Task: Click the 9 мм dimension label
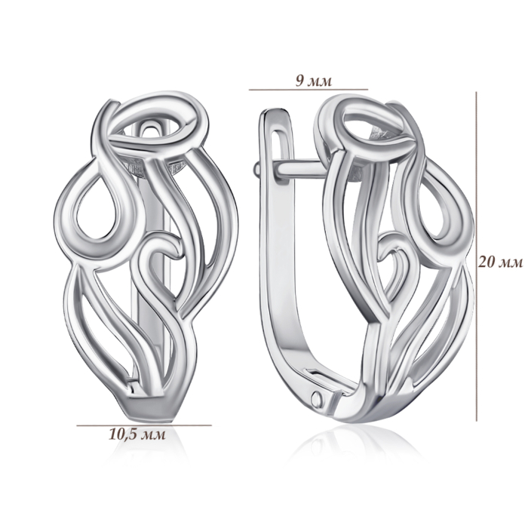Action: [x=314, y=81]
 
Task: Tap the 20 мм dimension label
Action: [x=501, y=262]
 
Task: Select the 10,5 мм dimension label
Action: [x=137, y=434]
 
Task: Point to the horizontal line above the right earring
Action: [x=308, y=90]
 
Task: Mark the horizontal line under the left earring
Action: [x=144, y=425]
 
